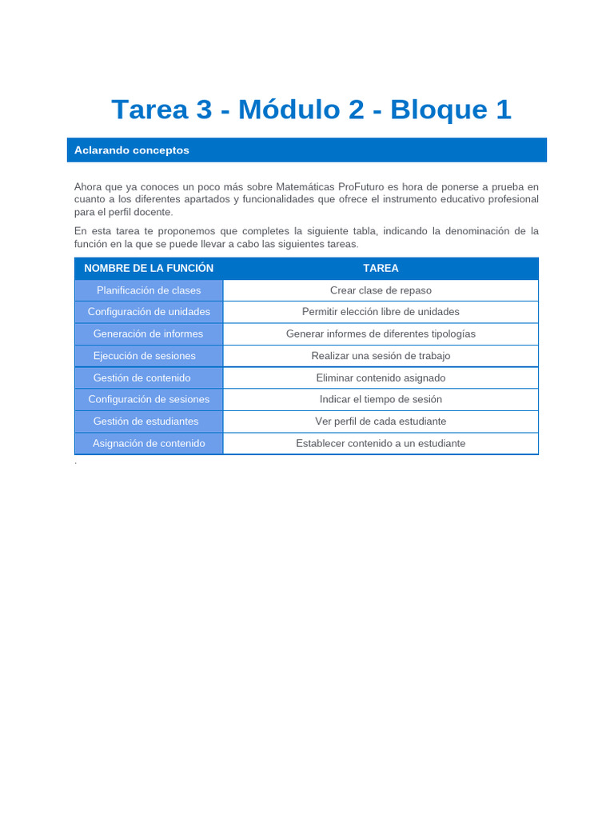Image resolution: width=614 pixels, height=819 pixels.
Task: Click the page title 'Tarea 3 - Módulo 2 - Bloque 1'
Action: click(311, 110)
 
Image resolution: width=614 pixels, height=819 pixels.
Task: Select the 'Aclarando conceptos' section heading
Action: click(132, 150)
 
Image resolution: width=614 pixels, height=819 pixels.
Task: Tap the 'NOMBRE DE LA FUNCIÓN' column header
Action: click(149, 268)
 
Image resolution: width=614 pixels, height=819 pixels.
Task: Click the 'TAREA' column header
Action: click(381, 268)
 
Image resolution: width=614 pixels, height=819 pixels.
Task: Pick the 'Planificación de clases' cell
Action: click(149, 290)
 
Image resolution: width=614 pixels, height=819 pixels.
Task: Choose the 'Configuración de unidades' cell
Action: click(149, 312)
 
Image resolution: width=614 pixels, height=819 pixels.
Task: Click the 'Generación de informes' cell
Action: click(149, 334)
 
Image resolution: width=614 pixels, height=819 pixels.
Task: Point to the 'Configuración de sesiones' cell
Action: click(149, 399)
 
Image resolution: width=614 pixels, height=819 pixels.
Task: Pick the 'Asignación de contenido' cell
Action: click(149, 443)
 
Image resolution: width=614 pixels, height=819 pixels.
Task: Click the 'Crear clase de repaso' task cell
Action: click(381, 290)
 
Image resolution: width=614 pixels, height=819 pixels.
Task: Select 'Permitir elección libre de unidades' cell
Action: click(381, 312)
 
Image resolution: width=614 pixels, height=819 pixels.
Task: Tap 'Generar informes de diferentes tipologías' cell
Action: click(381, 334)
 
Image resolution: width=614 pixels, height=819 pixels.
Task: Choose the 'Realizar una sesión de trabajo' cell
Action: click(381, 356)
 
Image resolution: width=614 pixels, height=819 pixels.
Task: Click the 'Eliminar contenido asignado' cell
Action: click(381, 378)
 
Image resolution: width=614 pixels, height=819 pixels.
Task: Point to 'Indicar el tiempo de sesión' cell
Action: click(381, 399)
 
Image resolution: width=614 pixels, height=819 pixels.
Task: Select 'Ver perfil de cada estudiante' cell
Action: click(381, 421)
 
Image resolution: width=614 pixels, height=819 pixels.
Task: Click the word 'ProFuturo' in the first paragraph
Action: click(361, 186)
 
